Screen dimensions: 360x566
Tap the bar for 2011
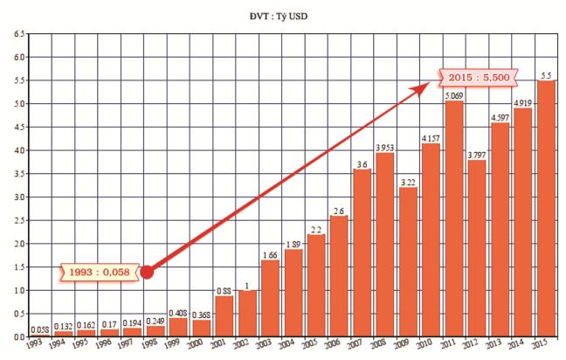pos(453,218)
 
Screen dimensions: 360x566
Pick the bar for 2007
pos(362,253)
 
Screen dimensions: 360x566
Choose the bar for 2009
pos(407,261)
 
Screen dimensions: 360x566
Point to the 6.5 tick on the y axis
pos(17,34)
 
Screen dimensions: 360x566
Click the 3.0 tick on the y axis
pos(17,197)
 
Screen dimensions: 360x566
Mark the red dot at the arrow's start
pos(148,272)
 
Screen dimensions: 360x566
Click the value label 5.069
pos(453,95)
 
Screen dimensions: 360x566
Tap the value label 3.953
pos(384,147)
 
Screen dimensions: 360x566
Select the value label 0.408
pos(178,312)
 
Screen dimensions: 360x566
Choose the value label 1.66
pos(270,253)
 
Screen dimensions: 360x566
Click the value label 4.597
pos(499,117)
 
